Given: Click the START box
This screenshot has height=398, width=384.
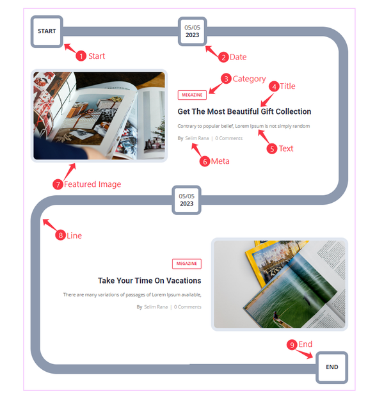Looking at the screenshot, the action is pyautogui.click(x=47, y=31).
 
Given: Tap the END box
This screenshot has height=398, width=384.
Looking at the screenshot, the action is pyautogui.click(x=332, y=367).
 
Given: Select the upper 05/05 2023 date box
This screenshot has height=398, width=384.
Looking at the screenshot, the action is pyautogui.click(x=192, y=31).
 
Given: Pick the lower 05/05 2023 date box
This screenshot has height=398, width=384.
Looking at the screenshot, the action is pyautogui.click(x=186, y=200).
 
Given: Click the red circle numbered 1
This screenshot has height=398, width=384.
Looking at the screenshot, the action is pyautogui.click(x=81, y=56).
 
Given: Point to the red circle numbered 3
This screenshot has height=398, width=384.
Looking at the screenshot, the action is pyautogui.click(x=226, y=79).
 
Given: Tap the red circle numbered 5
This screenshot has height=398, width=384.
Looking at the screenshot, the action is pyautogui.click(x=272, y=148).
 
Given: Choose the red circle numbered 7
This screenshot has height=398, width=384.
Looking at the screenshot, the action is pyautogui.click(x=58, y=184).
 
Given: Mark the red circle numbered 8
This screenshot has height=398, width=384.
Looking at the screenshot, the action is pyautogui.click(x=60, y=235).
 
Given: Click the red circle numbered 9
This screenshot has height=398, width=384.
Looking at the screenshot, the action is pyautogui.click(x=292, y=345).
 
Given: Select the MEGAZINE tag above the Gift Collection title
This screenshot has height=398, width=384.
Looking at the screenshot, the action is pyautogui.click(x=192, y=95).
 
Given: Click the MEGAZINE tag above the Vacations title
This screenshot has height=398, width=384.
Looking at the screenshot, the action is pyautogui.click(x=187, y=264).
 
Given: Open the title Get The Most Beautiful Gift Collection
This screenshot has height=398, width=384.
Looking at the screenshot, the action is pyautogui.click(x=244, y=111).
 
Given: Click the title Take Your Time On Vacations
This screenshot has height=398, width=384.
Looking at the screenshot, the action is pyautogui.click(x=150, y=280).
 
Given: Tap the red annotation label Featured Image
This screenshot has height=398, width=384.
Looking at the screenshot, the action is pyautogui.click(x=92, y=184).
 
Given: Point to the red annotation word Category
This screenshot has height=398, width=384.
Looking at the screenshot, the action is pyautogui.click(x=249, y=79).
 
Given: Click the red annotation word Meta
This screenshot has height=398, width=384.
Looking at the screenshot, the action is pyautogui.click(x=220, y=161).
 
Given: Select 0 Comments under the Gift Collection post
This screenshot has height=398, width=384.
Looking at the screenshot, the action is pyautogui.click(x=229, y=138).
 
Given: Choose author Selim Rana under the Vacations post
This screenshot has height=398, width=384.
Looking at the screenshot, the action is pyautogui.click(x=156, y=307).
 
